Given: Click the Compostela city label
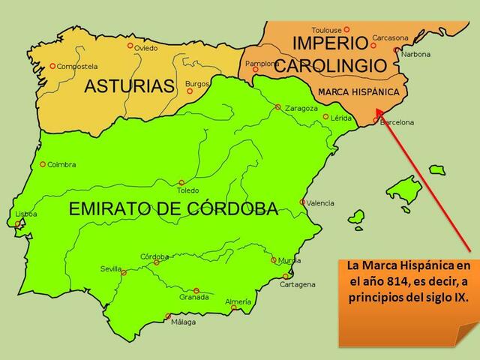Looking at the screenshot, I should click(x=78, y=66).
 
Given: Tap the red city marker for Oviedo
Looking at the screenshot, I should click(x=130, y=45).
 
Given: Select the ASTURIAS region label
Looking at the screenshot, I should click(x=129, y=86).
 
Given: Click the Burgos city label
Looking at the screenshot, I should click(x=197, y=83).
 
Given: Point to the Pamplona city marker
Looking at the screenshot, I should click(x=256, y=70).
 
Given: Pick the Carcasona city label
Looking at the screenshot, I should click(x=391, y=38).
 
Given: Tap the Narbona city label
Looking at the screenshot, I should click(x=416, y=54).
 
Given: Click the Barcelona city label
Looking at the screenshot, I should click(x=397, y=122).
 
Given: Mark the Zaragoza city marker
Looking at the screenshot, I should click(x=278, y=106).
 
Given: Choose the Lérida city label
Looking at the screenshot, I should click(x=341, y=118).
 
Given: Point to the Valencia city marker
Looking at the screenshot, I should click(x=303, y=202).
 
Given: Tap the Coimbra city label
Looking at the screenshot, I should click(x=62, y=164).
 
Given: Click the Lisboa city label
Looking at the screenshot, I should click(x=26, y=214).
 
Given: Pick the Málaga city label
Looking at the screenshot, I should click(x=183, y=322).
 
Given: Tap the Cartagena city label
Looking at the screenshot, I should click(x=298, y=285).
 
